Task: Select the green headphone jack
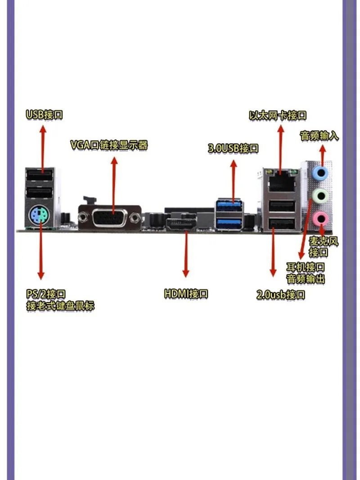(320, 195)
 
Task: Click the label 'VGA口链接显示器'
(109, 145)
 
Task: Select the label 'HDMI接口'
(186, 294)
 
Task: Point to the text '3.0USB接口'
(233, 148)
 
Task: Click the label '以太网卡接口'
(278, 115)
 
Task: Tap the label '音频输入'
(319, 135)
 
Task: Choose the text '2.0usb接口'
(281, 295)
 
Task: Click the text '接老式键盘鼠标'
(60, 306)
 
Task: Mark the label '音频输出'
(306, 279)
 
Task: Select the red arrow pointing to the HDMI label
(185, 252)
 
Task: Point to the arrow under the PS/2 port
(41, 252)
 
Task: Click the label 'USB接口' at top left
(44, 114)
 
